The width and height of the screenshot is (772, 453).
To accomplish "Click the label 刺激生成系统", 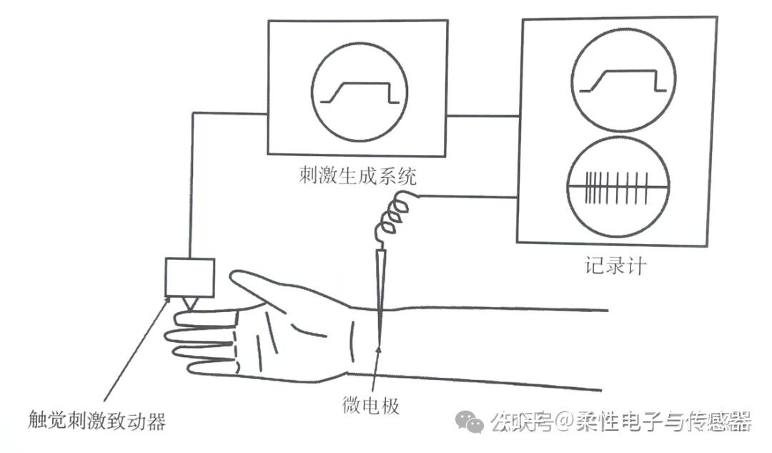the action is tap(357, 175).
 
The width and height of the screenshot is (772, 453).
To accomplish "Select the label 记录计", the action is tap(615, 266).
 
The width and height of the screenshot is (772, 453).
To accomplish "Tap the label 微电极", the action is tap(371, 406).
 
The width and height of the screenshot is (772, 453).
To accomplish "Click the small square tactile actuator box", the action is tap(189, 277).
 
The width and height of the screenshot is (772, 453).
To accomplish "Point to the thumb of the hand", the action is tap(268, 286).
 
